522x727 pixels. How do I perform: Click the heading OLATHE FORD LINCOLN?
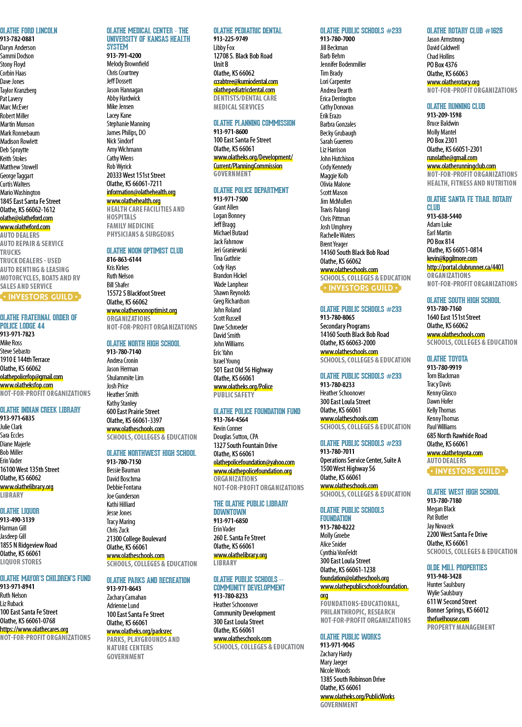[x=29, y=31]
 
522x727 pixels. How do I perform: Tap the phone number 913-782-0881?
[x=17, y=39]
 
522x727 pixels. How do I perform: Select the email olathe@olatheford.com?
[x=27, y=218]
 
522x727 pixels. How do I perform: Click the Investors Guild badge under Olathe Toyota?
[x=467, y=471]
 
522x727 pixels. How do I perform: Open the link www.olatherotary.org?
[x=453, y=82]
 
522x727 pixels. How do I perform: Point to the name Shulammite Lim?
[x=125, y=377]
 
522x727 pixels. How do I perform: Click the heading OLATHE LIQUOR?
[x=20, y=511]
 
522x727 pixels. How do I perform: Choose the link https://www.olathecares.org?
[x=34, y=629]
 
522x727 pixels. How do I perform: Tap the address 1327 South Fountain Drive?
[x=245, y=445]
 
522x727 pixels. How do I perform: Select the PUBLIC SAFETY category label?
[x=233, y=395]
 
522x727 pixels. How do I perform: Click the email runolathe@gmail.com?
[x=452, y=158]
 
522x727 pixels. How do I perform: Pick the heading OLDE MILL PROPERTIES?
[x=457, y=568]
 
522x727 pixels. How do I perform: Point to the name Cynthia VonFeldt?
[x=338, y=553]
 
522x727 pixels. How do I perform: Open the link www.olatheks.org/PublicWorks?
[x=357, y=697]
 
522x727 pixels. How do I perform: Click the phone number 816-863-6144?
[x=124, y=259]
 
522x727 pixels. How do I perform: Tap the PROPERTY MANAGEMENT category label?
[x=461, y=627]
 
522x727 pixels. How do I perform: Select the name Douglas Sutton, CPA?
[x=235, y=437]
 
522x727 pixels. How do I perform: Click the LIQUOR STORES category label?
[x=21, y=562]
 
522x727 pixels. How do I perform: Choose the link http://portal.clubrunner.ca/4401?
[x=465, y=267]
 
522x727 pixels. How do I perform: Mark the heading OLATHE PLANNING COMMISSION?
[x=254, y=123]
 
